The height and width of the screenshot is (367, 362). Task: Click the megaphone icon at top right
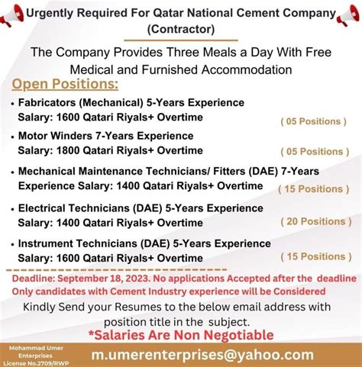(348, 14)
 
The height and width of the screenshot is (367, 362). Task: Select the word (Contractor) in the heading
(180, 29)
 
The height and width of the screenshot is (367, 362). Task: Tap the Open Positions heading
(66, 83)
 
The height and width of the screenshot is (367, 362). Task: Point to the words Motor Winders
(53, 136)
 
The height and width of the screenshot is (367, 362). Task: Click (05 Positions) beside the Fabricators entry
(314, 121)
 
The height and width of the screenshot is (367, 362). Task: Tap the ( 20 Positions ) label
(314, 221)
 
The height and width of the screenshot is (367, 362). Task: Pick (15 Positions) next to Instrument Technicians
(314, 256)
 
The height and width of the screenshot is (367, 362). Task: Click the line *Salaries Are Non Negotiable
(180, 335)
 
